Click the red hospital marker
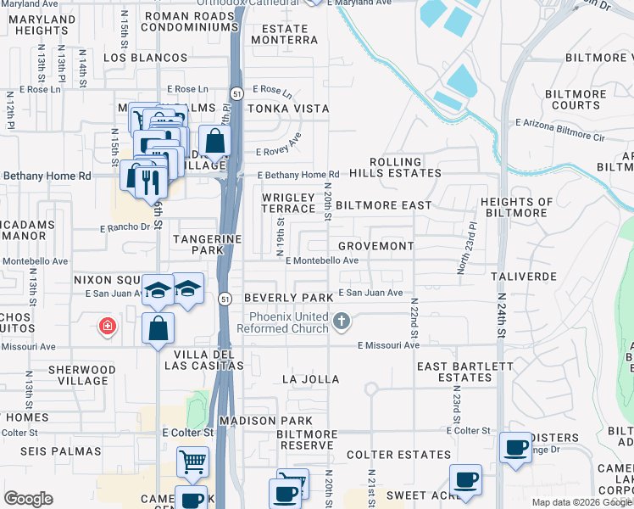[x=107, y=326]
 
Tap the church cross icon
[x=342, y=321]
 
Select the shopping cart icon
[x=192, y=463]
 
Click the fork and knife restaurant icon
[x=147, y=181]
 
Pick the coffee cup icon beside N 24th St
[x=514, y=447]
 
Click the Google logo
[x=28, y=499]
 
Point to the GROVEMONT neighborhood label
[x=375, y=246]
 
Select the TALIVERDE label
[x=523, y=277]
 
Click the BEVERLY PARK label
[x=288, y=298]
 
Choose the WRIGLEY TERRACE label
[x=288, y=203]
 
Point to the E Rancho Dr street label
[x=125, y=227]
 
